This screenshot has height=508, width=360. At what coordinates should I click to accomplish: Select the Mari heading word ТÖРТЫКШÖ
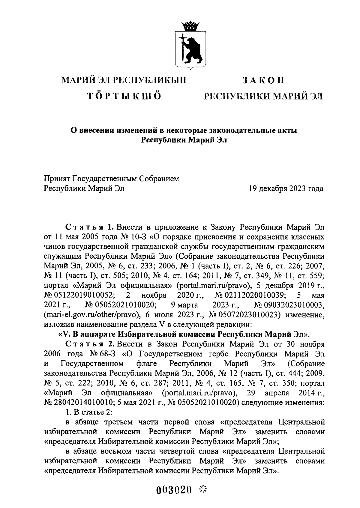point(124,96)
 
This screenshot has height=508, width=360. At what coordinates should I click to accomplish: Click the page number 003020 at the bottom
point(174,490)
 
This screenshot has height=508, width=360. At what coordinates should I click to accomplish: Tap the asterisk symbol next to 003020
point(203,490)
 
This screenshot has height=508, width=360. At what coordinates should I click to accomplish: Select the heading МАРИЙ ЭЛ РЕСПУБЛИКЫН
point(124,80)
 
